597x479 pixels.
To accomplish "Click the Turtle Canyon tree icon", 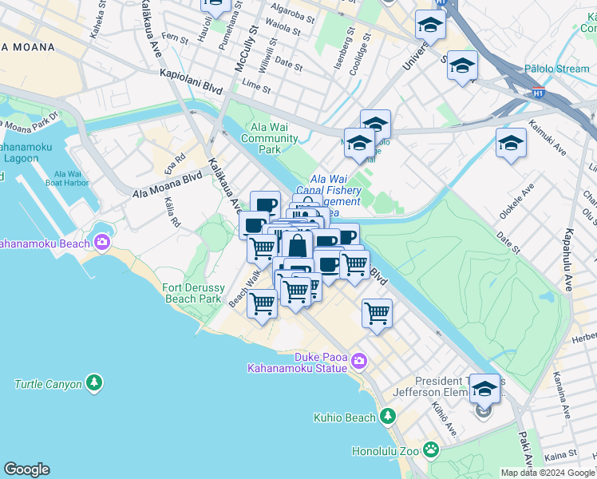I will pyautogui.click(x=95, y=384).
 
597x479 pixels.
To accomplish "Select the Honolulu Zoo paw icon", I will pyautogui.click(x=432, y=449).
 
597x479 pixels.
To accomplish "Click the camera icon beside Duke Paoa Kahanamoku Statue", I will pyautogui.click(x=358, y=362).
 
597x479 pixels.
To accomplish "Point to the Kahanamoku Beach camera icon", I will pyautogui.click(x=102, y=243).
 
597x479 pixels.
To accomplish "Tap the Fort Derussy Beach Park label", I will pyautogui.click(x=192, y=293).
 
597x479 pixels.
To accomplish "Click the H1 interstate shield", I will pyautogui.click(x=539, y=93).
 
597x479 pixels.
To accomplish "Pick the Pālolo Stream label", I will pyautogui.click(x=556, y=69).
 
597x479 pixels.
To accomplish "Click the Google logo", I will pyautogui.click(x=26, y=469).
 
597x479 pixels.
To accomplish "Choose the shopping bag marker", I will pyautogui.click(x=297, y=246).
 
